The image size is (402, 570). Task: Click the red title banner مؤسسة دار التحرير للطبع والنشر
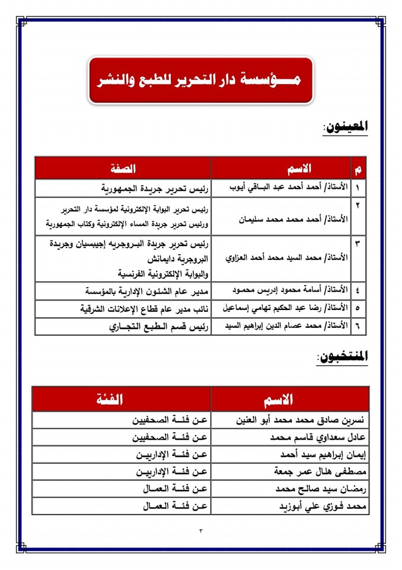click(201, 80)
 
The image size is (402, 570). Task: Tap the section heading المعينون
click(345, 126)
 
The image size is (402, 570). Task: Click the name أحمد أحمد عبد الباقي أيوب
click(285, 188)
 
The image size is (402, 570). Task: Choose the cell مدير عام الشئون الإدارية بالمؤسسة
click(146, 291)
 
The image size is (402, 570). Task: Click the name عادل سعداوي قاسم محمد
click(317, 438)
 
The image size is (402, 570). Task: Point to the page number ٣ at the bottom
click(201, 531)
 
